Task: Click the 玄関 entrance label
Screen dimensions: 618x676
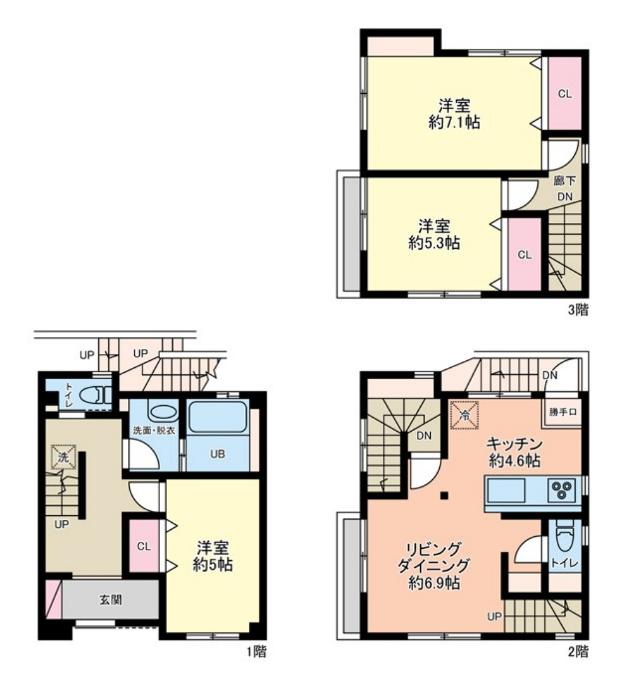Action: pos(111,600)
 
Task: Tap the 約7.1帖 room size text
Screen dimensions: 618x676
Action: pos(454,123)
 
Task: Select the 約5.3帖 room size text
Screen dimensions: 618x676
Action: pos(434,243)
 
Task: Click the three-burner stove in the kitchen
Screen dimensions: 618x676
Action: pos(561,490)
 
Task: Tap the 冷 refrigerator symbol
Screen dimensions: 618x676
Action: pos(464,415)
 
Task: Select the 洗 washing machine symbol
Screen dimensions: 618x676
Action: pos(64,457)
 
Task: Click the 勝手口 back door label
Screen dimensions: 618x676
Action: pos(563,412)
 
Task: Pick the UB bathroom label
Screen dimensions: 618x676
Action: pos(217,454)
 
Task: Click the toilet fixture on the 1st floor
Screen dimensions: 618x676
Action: pos(97,394)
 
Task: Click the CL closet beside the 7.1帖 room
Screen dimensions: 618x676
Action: pos(564,93)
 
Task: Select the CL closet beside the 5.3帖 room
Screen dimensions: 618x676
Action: pos(525,255)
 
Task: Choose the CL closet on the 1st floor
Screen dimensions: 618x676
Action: pos(144,546)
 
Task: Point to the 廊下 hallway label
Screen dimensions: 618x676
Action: pos(565,180)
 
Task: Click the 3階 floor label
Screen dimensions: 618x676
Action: pos(578,309)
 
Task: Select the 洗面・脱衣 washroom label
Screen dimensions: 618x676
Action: pos(154,430)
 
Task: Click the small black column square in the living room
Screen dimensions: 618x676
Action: pos(444,495)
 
